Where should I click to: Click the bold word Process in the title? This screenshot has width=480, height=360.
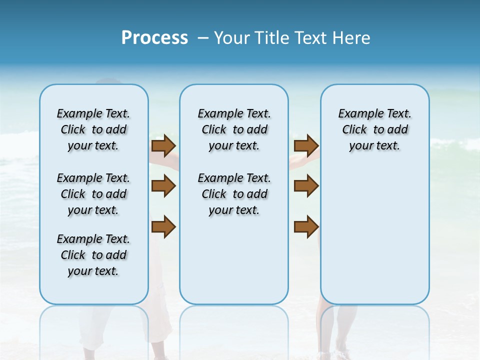click(x=154, y=37)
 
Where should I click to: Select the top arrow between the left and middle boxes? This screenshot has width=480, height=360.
click(x=163, y=145)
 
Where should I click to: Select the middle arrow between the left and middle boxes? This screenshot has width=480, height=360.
click(x=163, y=186)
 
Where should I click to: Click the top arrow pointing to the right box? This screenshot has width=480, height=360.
click(x=306, y=145)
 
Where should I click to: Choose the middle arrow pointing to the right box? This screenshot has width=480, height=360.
click(x=306, y=186)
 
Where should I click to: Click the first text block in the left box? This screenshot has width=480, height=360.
click(x=93, y=129)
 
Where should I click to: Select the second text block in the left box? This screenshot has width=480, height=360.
click(x=93, y=194)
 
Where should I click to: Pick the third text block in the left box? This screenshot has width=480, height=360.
click(x=93, y=255)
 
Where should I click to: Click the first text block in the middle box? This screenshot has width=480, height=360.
click(x=234, y=129)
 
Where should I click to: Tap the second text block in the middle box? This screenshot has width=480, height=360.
click(x=234, y=194)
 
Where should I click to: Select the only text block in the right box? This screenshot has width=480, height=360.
click(x=375, y=129)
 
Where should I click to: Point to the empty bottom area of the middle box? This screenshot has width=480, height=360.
click(x=234, y=265)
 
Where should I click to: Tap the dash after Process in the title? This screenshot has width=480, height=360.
click(x=203, y=37)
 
